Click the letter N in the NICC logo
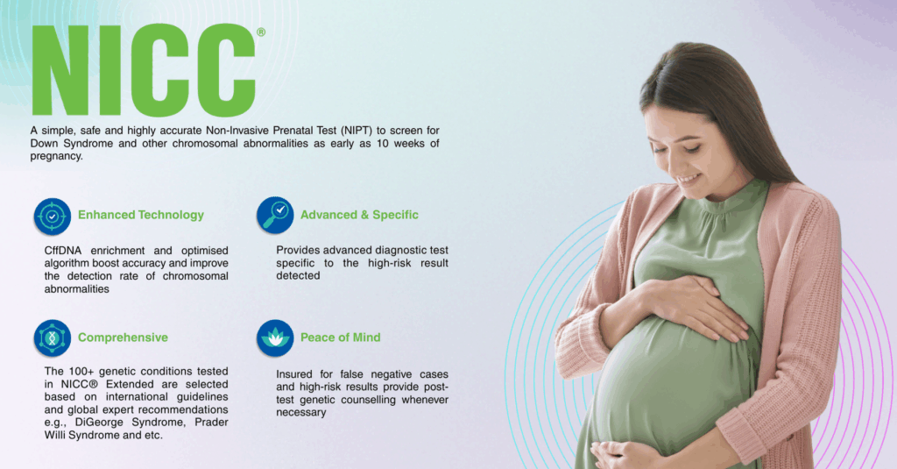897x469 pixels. (x=60, y=70)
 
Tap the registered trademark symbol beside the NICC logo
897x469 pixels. (x=261, y=32)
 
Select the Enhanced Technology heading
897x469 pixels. (x=141, y=215)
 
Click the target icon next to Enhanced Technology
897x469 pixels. (x=52, y=217)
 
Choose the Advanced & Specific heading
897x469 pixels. (x=359, y=215)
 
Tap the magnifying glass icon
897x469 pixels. (x=275, y=216)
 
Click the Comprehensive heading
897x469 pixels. (x=123, y=338)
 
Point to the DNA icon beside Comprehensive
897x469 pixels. (x=52, y=338)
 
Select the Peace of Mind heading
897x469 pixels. (x=341, y=338)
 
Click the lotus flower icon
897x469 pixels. (x=275, y=338)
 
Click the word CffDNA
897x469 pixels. (x=63, y=251)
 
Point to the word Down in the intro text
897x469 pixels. (x=44, y=143)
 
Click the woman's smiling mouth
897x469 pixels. (x=689, y=179)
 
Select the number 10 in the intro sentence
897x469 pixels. (x=382, y=143)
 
